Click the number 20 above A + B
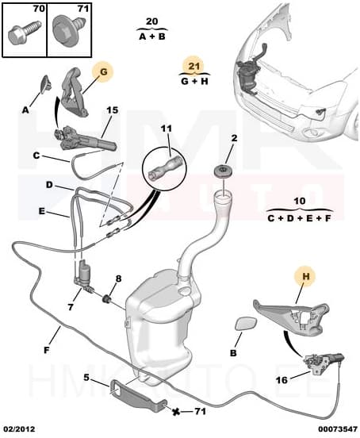click(152, 21)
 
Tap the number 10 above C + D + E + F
click(300, 202)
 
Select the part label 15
click(112, 109)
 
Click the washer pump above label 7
click(82, 274)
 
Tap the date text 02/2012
click(20, 428)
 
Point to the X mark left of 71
click(176, 410)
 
